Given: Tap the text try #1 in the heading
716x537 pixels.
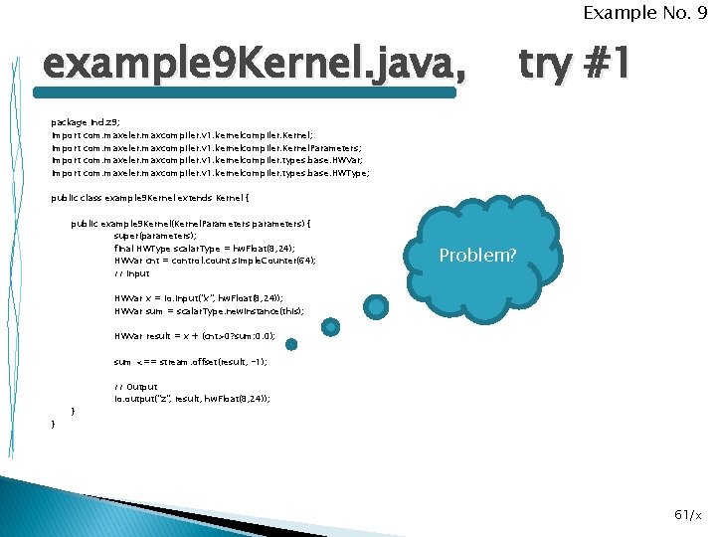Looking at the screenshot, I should click(574, 66).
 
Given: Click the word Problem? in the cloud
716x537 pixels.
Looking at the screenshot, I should click(478, 256).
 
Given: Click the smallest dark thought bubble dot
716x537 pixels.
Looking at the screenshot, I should click(291, 345).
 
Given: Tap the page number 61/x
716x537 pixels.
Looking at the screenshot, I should click(687, 514).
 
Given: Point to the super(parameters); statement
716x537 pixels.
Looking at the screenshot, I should click(155, 236).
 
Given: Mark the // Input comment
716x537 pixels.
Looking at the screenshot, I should click(132, 273).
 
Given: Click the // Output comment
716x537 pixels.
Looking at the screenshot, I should click(136, 387).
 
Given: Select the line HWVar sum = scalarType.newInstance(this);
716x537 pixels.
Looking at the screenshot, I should click(210, 311).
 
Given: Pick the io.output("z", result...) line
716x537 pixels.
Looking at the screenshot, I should click(192, 398).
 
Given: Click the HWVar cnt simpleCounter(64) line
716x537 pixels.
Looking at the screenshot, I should click(215, 261).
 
